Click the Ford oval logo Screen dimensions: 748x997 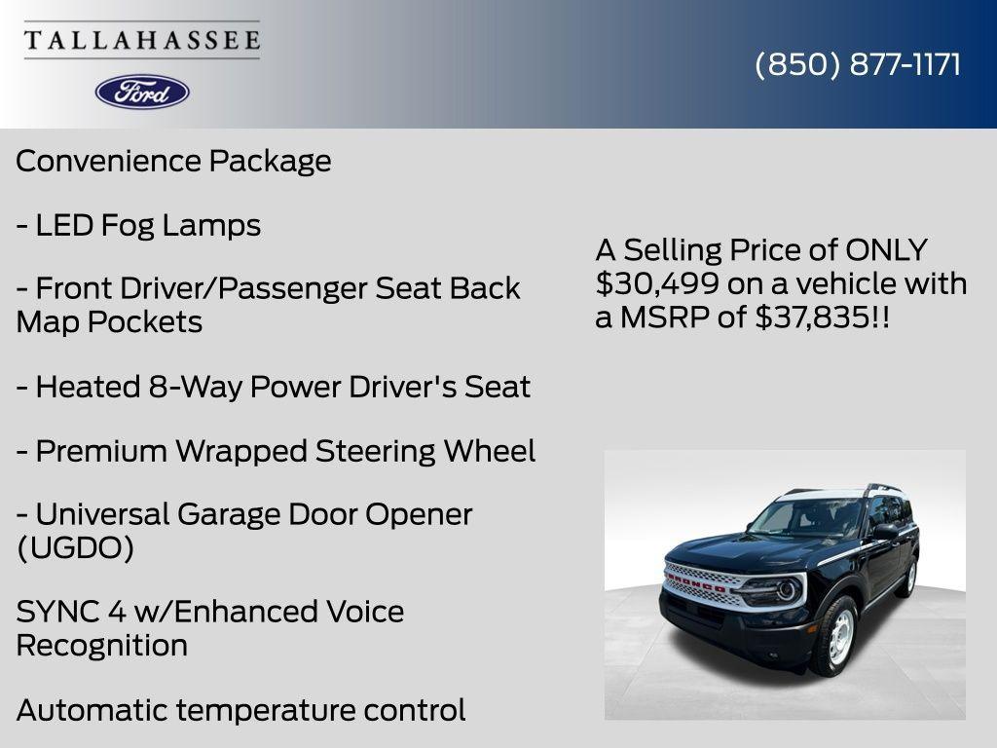[x=142, y=92]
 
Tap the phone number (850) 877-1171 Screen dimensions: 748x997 [x=857, y=64]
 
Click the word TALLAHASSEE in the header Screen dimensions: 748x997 [x=142, y=41]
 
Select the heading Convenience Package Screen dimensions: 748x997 [x=173, y=161]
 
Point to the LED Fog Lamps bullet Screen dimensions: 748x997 [x=138, y=225]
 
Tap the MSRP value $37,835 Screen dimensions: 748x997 [x=811, y=317]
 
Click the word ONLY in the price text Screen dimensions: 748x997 [x=886, y=250]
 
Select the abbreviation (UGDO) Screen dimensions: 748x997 [x=75, y=547]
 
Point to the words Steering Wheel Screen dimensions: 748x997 [x=425, y=451]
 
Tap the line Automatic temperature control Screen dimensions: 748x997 [x=240, y=710]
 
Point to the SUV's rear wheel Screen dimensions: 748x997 [x=908, y=577]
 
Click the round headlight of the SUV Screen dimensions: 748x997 [x=785, y=590]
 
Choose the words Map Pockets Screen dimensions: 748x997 [x=109, y=321]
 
